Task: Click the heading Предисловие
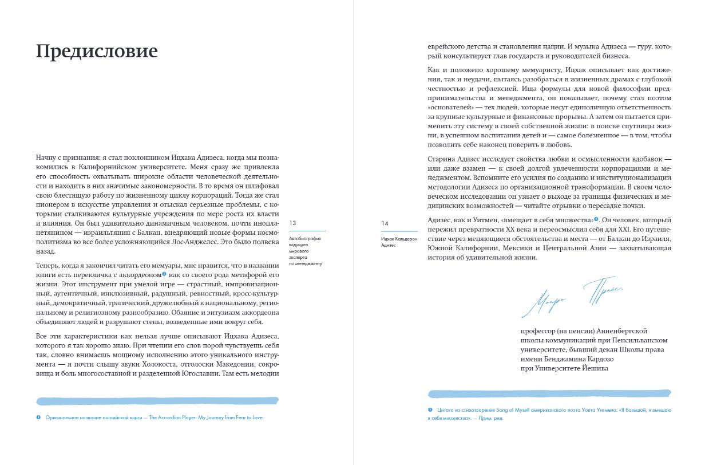click(x=97, y=52)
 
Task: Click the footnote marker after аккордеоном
click(x=164, y=274)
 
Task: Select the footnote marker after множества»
click(x=596, y=219)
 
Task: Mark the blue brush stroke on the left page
click(x=157, y=401)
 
